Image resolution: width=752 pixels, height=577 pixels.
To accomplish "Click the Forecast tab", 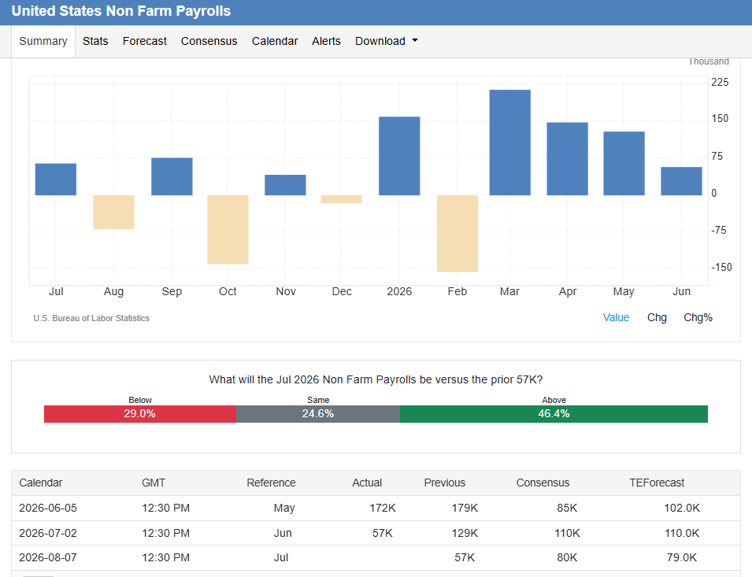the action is point(144,41).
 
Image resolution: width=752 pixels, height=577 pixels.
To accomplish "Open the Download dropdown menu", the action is point(386,41).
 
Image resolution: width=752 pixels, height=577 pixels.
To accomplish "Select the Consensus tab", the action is point(209,41).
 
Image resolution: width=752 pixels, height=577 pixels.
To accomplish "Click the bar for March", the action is point(509,142).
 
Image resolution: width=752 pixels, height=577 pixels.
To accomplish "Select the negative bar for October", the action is point(228,230).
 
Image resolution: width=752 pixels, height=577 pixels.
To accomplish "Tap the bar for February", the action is point(457,233).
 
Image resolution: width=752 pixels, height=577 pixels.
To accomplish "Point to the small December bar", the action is point(341,199).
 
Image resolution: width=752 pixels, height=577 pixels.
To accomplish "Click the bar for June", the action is point(681,181).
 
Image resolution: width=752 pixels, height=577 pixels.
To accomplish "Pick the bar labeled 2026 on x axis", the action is point(399,156).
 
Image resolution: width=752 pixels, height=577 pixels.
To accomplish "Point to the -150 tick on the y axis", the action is point(721,268).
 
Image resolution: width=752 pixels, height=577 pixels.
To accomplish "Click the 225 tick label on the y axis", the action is point(720,82).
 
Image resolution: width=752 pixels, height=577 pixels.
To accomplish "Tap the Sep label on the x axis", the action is point(172,291).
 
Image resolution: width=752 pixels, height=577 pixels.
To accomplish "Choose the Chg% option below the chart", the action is point(698,317).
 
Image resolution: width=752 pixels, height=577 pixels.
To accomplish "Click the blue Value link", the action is point(616,317).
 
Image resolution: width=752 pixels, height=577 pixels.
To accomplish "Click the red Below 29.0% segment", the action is point(140,414).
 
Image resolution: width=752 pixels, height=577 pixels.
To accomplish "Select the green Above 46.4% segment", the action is point(554,414).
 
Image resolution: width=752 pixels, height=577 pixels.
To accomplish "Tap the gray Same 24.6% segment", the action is point(318,414).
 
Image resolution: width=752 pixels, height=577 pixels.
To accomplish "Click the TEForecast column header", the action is point(657,483).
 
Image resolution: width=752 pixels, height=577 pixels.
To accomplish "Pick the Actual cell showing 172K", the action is point(382,508).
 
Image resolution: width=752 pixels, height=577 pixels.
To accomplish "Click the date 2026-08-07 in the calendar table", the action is point(48,557).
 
